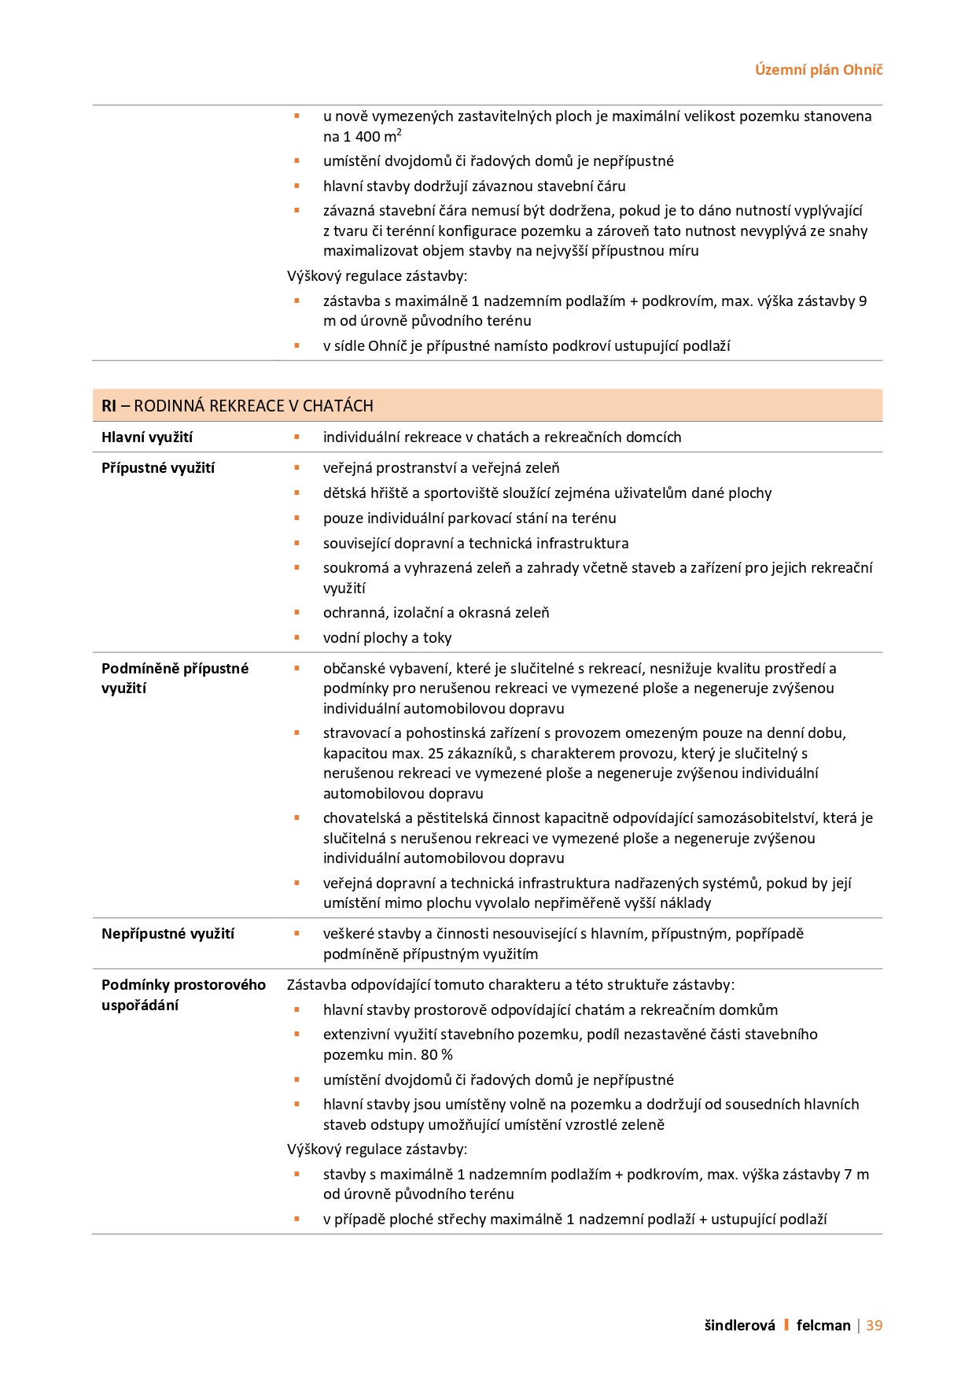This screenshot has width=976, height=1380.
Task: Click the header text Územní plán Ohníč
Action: coord(819,70)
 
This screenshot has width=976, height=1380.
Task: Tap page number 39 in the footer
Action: coord(874,1326)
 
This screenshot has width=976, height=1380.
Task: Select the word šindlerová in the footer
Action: coord(739,1326)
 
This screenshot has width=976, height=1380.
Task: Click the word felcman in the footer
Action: coord(823,1326)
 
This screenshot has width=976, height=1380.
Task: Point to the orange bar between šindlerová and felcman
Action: coord(786,1326)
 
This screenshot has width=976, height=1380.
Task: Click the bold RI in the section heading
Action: coord(109,406)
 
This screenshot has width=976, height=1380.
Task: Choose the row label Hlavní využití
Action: coord(147,437)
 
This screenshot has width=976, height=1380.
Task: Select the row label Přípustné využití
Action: coord(158,468)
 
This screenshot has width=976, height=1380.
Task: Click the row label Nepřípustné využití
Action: coord(168,934)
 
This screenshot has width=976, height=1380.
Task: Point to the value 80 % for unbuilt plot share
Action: coord(436,1055)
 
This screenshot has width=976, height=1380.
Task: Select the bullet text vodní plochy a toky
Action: coord(387,638)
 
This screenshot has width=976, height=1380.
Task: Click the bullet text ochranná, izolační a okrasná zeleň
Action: coord(436,613)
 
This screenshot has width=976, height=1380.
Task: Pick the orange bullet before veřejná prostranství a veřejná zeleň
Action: coord(297,468)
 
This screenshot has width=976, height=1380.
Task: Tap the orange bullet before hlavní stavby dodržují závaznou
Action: coord(297,186)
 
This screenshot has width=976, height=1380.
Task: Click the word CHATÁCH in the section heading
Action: coord(337,406)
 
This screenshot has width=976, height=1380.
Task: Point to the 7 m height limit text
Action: coord(856,1175)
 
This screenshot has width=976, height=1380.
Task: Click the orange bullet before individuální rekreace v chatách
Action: coord(297,437)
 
